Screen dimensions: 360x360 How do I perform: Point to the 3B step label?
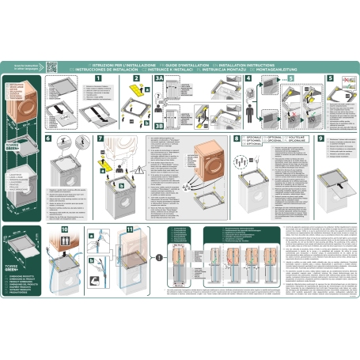tap(159, 124)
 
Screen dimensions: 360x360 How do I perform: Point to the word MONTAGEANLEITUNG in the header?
tap(296, 68)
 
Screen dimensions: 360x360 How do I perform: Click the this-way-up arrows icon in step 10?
tap(63, 246)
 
